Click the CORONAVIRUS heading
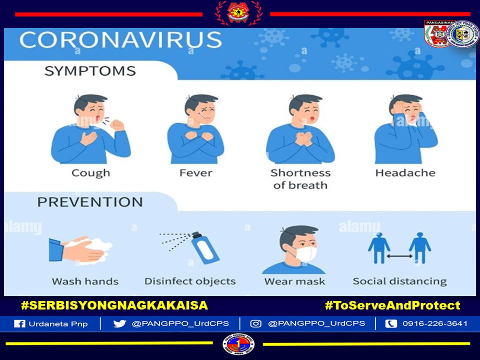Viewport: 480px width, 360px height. [x=120, y=40]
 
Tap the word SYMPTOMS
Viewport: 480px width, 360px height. [x=90, y=71]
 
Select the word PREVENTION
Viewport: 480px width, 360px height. [x=90, y=202]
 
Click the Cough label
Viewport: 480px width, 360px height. [x=90, y=173]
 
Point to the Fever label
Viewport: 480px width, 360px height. [x=195, y=173]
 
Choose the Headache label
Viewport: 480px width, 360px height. [x=405, y=173]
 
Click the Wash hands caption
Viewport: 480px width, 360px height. [x=85, y=281]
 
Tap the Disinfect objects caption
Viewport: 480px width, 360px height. [x=190, y=281]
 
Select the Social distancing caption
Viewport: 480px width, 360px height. [x=399, y=281]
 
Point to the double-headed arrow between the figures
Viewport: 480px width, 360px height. [x=399, y=256]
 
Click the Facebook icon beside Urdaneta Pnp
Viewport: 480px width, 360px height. [x=19, y=323]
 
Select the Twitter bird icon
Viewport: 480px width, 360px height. [x=119, y=323]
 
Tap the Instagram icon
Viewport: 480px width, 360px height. [x=255, y=323]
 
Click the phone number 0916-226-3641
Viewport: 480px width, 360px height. [x=435, y=323]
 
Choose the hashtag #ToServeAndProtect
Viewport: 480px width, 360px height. [x=392, y=305]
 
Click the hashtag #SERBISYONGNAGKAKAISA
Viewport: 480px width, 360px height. [x=114, y=305]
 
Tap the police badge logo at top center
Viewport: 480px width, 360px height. [x=238, y=13]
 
